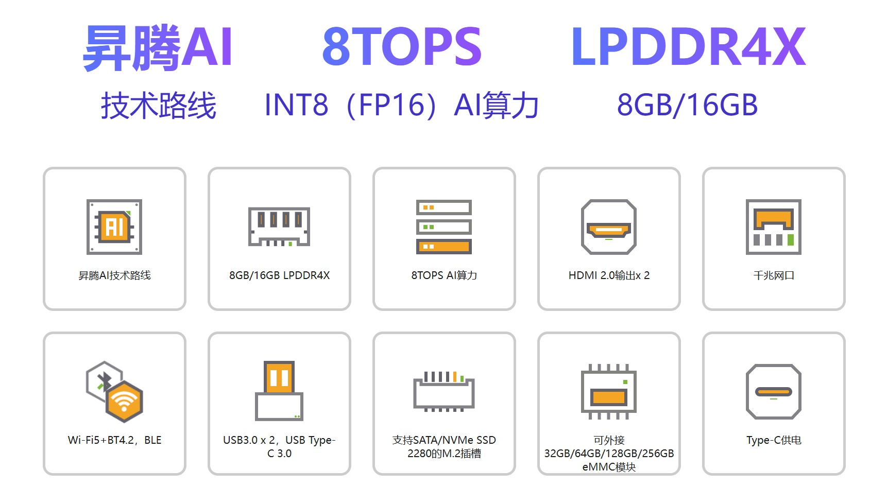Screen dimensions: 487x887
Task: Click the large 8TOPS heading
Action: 402,47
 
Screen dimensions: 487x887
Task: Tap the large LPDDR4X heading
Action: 688,47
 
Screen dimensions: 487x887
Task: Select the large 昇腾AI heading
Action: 158,48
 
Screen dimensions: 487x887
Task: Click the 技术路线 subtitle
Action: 158,106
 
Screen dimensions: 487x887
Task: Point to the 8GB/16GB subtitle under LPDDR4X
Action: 687,105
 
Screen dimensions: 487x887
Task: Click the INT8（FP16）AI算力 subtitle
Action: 401,106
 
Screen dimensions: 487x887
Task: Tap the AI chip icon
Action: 114,227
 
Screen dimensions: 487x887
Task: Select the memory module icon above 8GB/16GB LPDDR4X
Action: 279,227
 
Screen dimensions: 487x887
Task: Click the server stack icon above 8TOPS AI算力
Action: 444,227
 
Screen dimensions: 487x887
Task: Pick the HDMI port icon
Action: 609,227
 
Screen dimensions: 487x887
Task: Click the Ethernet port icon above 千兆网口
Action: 774,227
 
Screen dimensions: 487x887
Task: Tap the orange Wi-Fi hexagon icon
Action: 124,402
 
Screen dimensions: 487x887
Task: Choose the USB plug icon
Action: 279,391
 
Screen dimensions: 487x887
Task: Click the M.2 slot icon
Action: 444,392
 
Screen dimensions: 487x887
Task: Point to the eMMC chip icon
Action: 609,392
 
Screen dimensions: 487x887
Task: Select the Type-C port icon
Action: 774,392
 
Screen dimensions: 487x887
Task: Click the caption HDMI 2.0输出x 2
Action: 609,275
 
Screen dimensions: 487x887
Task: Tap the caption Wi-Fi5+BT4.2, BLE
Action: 114,440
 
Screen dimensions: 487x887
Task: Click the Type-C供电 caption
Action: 774,440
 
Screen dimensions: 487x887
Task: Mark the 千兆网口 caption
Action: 774,275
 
